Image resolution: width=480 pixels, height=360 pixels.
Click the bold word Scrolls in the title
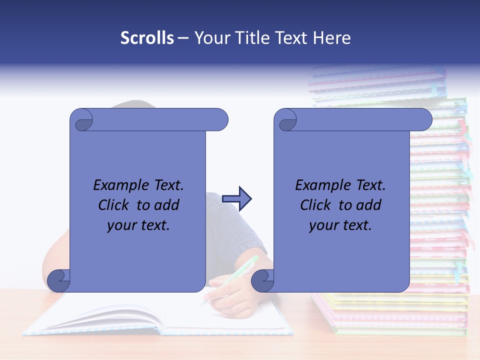click(x=147, y=38)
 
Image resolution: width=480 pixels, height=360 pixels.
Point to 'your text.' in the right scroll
click(x=340, y=225)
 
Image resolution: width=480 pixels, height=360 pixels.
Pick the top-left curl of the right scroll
click(x=287, y=120)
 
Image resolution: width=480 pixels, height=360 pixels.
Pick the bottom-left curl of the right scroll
click(x=263, y=281)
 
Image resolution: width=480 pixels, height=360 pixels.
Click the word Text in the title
click(x=292, y=38)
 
